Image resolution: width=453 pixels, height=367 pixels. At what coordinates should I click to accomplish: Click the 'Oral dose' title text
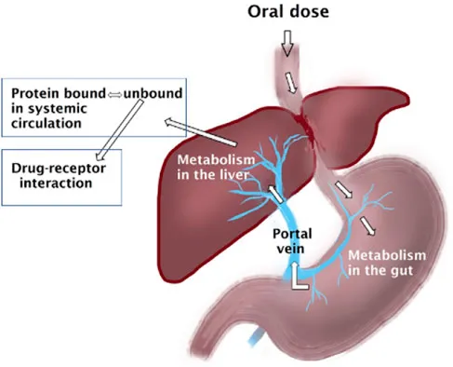point(287,13)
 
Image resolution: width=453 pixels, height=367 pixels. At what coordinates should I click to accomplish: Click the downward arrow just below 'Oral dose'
point(287,41)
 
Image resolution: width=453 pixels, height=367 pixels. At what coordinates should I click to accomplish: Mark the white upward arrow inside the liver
point(274,195)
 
